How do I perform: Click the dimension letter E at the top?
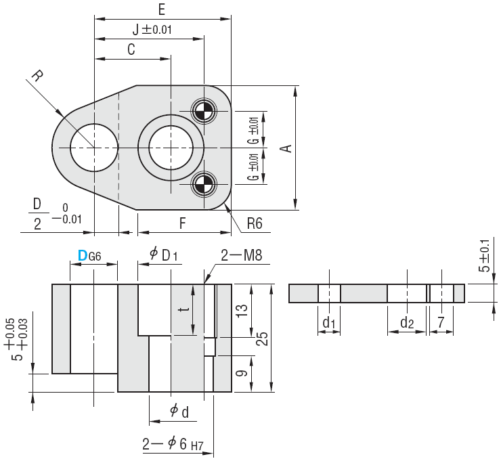(x=161, y=9)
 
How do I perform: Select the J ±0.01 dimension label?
(x=152, y=29)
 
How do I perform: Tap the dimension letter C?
(x=131, y=49)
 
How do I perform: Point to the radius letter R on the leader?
(x=36, y=72)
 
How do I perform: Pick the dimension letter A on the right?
(x=287, y=148)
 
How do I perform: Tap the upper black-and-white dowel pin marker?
(x=202, y=111)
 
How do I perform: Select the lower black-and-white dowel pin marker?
(x=202, y=183)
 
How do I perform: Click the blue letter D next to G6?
(x=83, y=255)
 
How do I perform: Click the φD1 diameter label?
(x=164, y=255)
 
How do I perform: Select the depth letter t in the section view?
(x=181, y=309)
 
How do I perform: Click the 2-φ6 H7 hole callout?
(x=173, y=445)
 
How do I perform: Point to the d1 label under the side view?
(x=329, y=324)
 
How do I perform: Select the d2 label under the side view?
(x=406, y=324)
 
